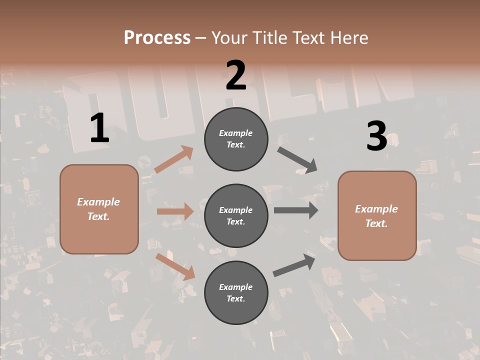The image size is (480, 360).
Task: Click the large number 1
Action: (99, 128)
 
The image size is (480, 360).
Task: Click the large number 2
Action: (236, 75)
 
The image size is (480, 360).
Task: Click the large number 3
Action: (376, 136)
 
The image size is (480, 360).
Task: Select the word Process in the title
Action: (157, 37)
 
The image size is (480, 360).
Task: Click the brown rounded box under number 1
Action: (99, 209)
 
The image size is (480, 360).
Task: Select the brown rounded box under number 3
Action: (377, 216)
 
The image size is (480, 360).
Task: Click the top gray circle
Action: (236, 139)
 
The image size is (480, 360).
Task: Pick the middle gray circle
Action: (236, 215)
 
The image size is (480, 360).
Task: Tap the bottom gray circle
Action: (236, 292)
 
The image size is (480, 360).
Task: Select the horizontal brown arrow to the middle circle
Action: (175, 211)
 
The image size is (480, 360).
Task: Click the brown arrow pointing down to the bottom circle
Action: (175, 266)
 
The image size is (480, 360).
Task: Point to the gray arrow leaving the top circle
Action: (297, 159)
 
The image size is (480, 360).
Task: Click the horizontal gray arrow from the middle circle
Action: (296, 210)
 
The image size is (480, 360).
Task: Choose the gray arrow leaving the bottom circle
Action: (294, 265)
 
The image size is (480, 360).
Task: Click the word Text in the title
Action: (307, 37)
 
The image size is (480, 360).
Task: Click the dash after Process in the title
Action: (200, 38)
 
